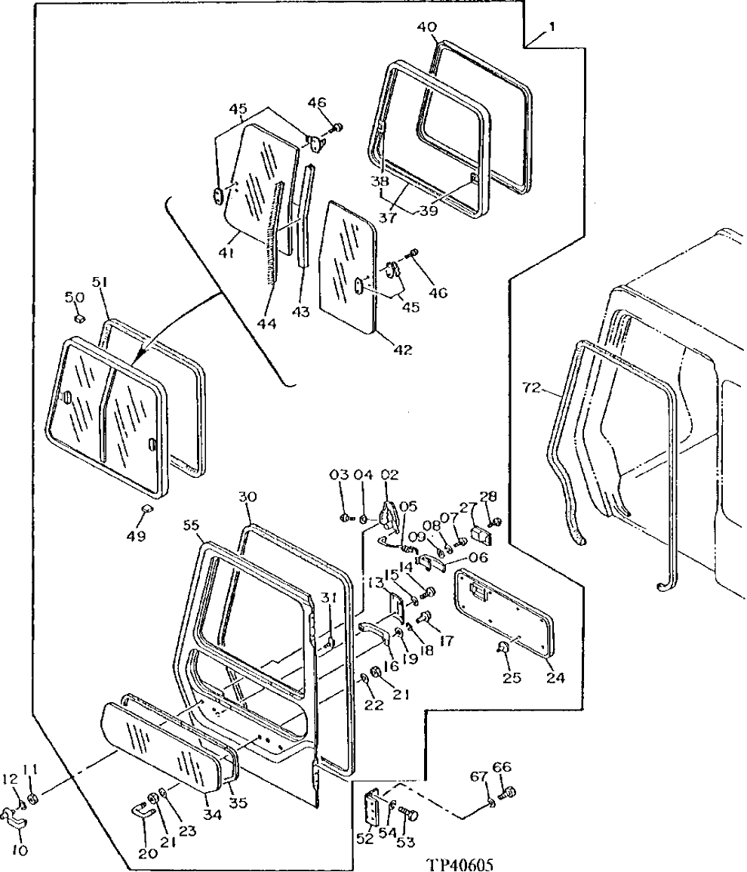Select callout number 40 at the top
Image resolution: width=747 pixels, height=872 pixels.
point(426,28)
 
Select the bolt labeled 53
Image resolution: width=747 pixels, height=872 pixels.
point(409,815)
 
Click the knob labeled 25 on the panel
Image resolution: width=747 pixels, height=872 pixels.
point(503,646)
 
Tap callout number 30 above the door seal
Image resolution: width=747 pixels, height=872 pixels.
point(248,498)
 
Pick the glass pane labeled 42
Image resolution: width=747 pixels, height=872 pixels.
point(347,264)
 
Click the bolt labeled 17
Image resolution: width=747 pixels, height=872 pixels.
point(425,618)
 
